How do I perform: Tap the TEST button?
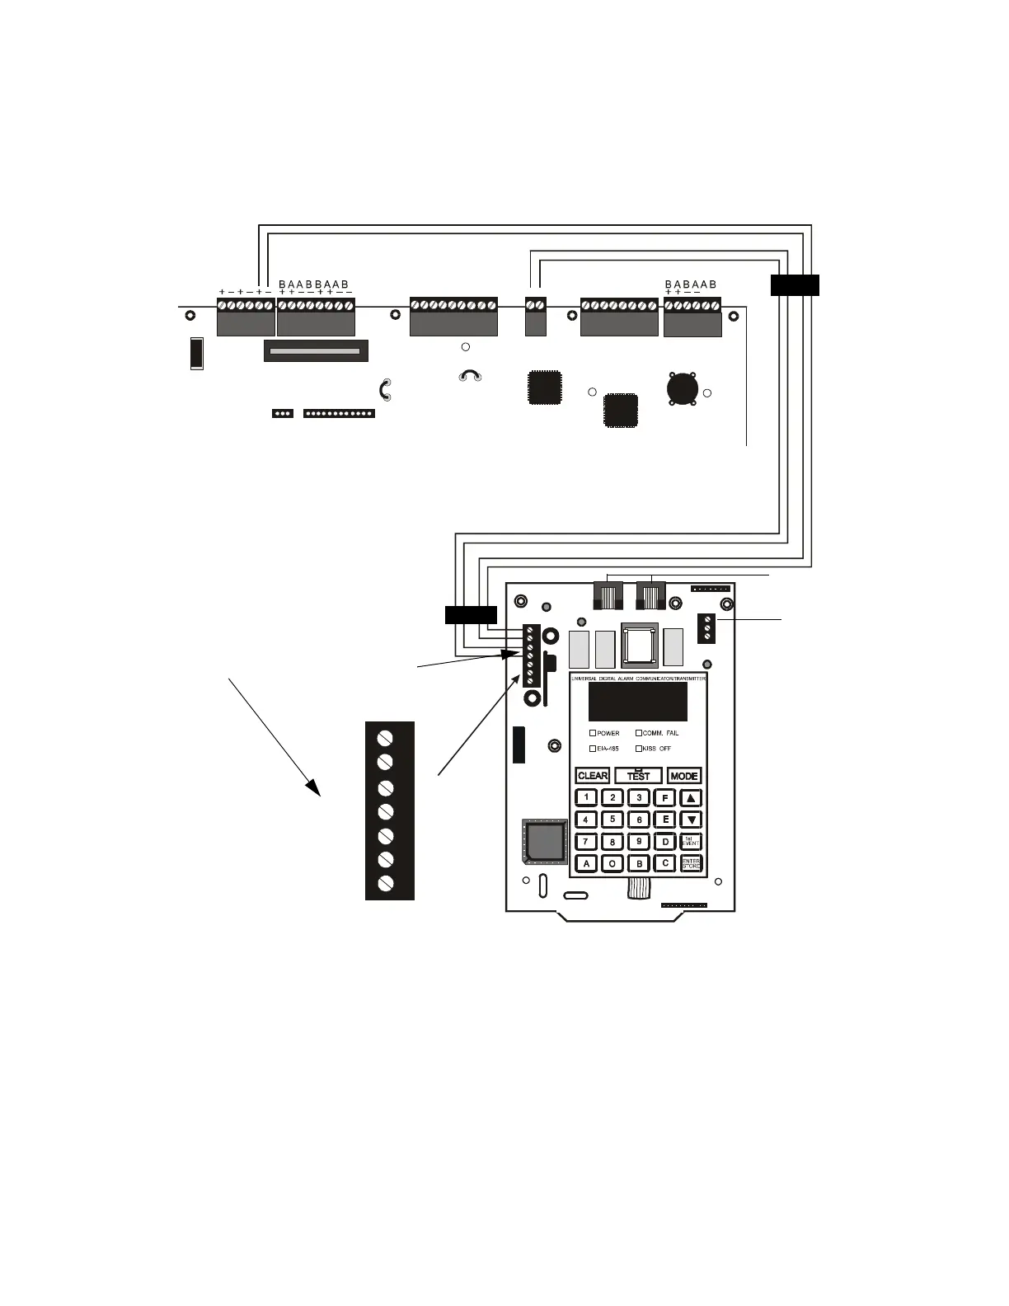tap(638, 776)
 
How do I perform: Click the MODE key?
tap(684, 776)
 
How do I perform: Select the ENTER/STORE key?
tap(691, 863)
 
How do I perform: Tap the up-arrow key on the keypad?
tap(691, 798)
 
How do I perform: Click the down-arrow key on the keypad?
tap(691, 820)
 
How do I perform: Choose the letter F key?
tap(664, 798)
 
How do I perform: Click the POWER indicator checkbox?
tap(593, 733)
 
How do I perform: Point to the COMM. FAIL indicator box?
tap(638, 733)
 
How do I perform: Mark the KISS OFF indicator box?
tap(638, 749)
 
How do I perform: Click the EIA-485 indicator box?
tap(593, 749)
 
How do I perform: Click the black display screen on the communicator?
tap(637, 702)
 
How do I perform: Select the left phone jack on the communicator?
tap(608, 594)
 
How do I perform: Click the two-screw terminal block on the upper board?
tap(536, 315)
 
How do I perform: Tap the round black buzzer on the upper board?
tap(683, 388)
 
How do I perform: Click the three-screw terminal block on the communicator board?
tap(706, 628)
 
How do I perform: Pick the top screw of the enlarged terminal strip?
tap(385, 736)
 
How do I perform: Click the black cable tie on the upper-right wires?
tap(795, 285)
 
